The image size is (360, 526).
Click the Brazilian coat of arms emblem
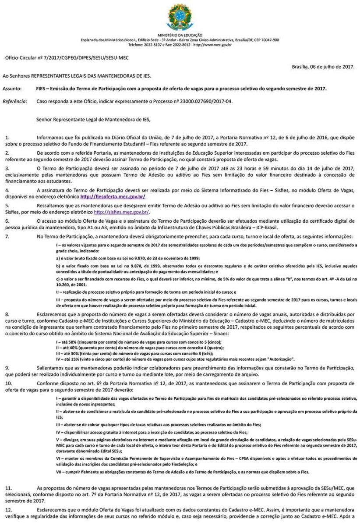(x=180, y=17)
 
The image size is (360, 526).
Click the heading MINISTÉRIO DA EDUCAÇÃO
(x=180, y=35)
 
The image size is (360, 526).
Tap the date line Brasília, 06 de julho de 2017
(x=323, y=66)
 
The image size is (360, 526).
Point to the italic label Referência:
(x=14, y=101)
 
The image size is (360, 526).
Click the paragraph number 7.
(x=7, y=236)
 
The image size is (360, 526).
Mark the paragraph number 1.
(x=7, y=137)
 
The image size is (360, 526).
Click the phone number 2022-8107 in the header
(x=151, y=45)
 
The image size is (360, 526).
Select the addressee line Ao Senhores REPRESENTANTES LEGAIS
(x=77, y=76)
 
